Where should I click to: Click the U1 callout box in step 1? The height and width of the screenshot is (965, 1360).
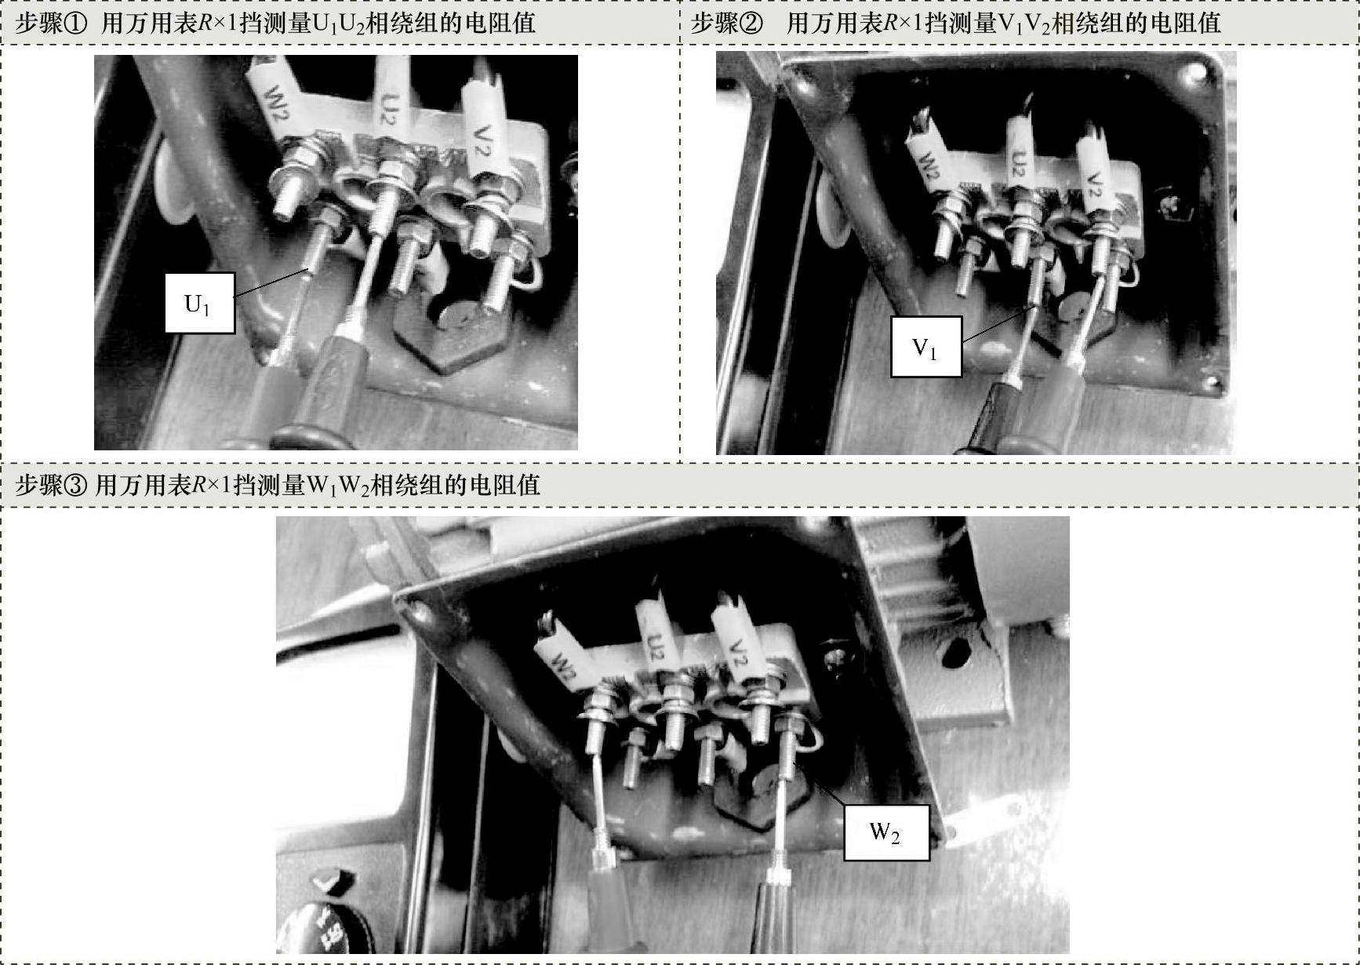(x=199, y=303)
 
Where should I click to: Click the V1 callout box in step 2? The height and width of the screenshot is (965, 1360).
(x=925, y=347)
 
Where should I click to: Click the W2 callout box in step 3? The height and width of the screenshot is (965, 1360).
(x=886, y=832)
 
